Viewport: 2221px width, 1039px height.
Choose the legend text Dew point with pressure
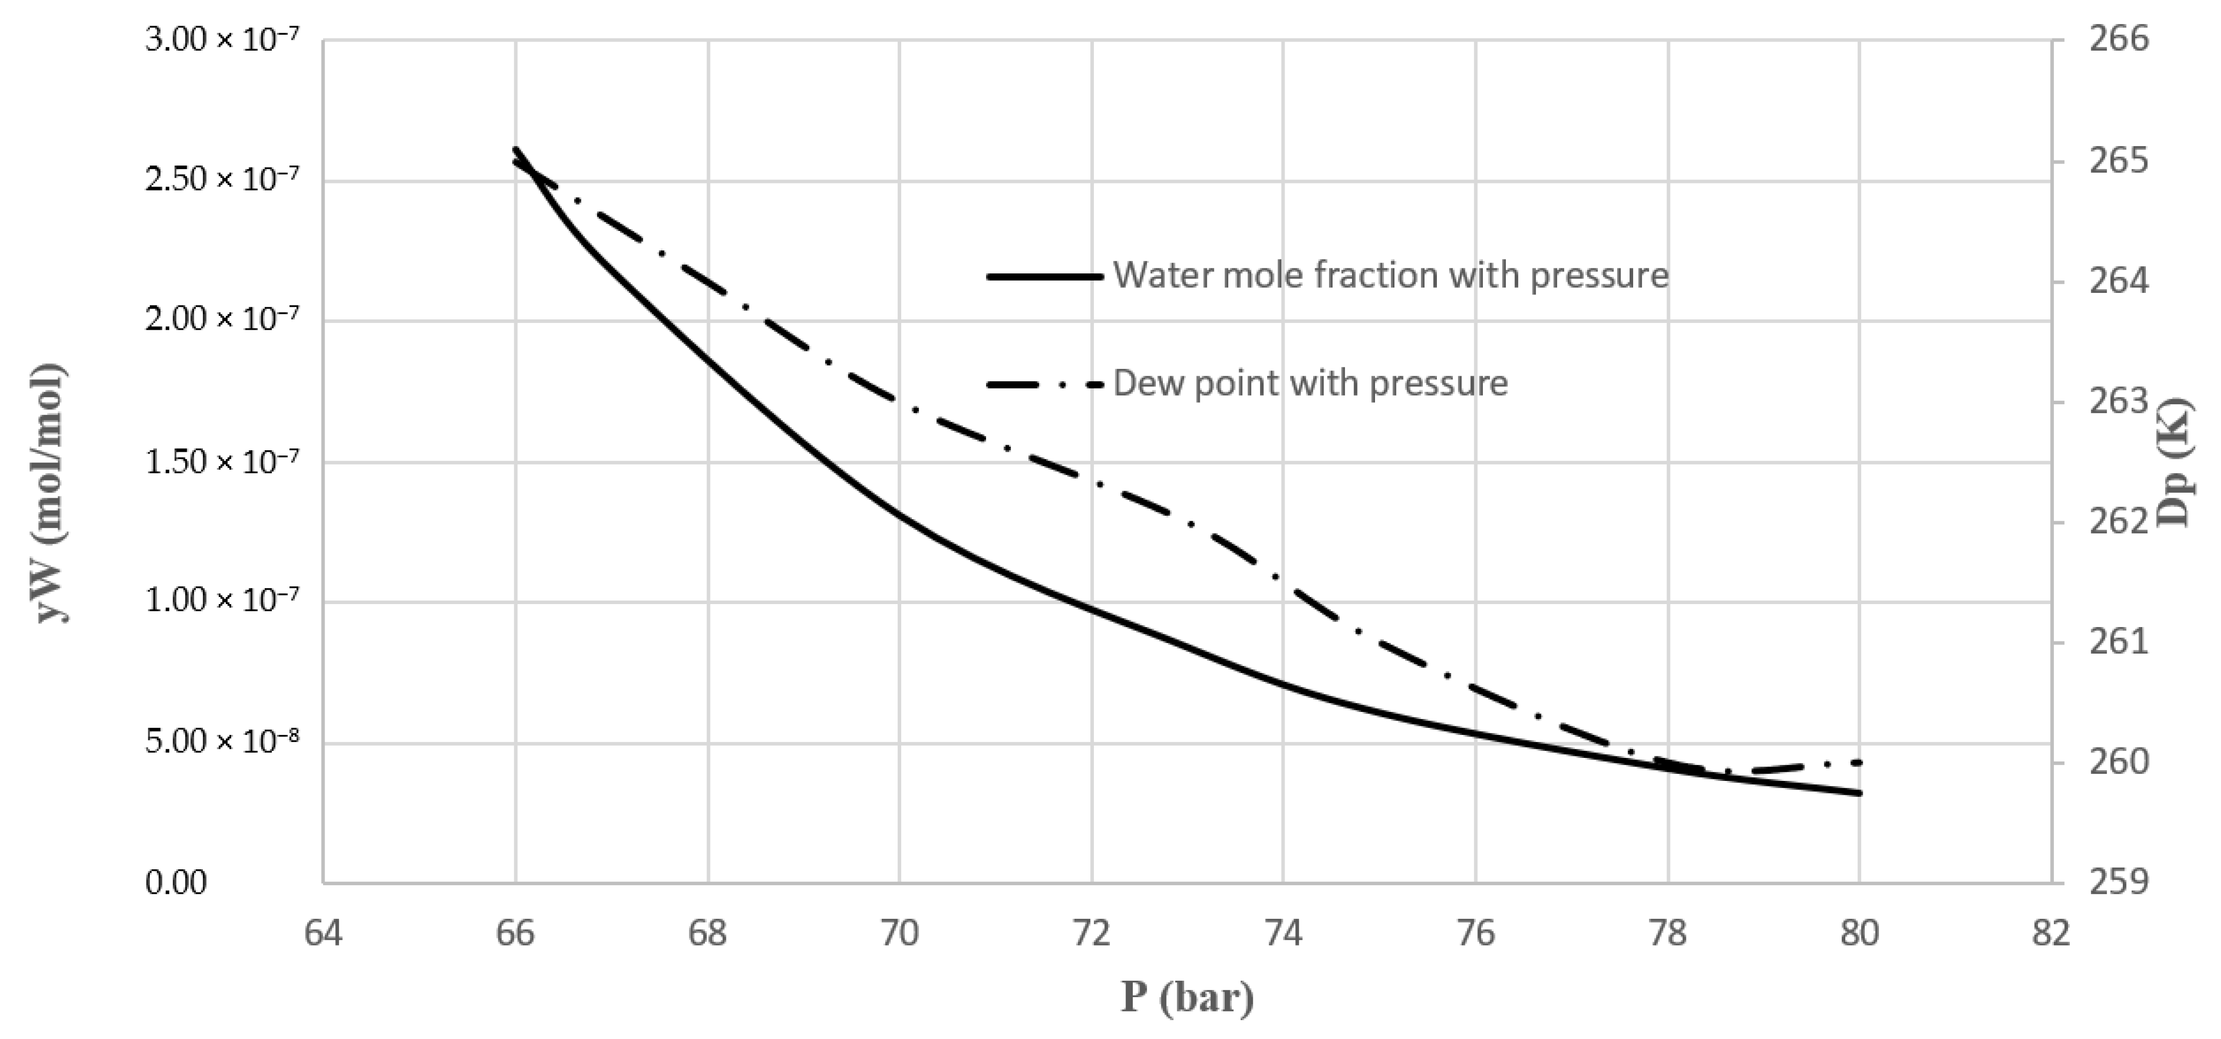tap(1311, 383)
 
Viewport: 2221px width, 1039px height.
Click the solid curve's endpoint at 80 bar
tap(1860, 792)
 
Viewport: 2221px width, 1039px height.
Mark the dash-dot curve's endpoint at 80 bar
tap(1860, 762)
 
